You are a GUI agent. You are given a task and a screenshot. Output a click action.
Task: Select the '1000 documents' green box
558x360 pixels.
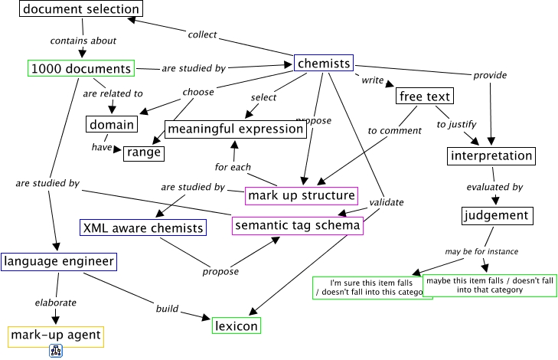pos(81,69)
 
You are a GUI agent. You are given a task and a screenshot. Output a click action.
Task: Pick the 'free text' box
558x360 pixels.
pos(425,97)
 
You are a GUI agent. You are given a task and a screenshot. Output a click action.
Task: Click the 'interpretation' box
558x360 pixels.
pos(490,155)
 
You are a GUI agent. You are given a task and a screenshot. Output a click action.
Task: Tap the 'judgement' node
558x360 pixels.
pos(495,214)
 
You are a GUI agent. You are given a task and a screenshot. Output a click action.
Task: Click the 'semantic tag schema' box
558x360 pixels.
pos(298,226)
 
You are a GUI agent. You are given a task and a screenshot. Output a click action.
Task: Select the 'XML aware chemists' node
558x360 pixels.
pos(143,227)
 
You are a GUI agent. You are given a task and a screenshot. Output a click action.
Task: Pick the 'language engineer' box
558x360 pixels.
pos(59,261)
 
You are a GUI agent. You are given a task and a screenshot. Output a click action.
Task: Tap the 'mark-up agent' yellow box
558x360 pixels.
pos(55,335)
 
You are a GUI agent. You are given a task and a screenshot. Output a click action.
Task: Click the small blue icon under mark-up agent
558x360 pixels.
pos(55,352)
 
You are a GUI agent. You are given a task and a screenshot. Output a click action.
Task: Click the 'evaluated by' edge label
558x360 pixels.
pos(495,186)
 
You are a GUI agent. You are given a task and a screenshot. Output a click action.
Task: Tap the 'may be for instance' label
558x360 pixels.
pos(481,251)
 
